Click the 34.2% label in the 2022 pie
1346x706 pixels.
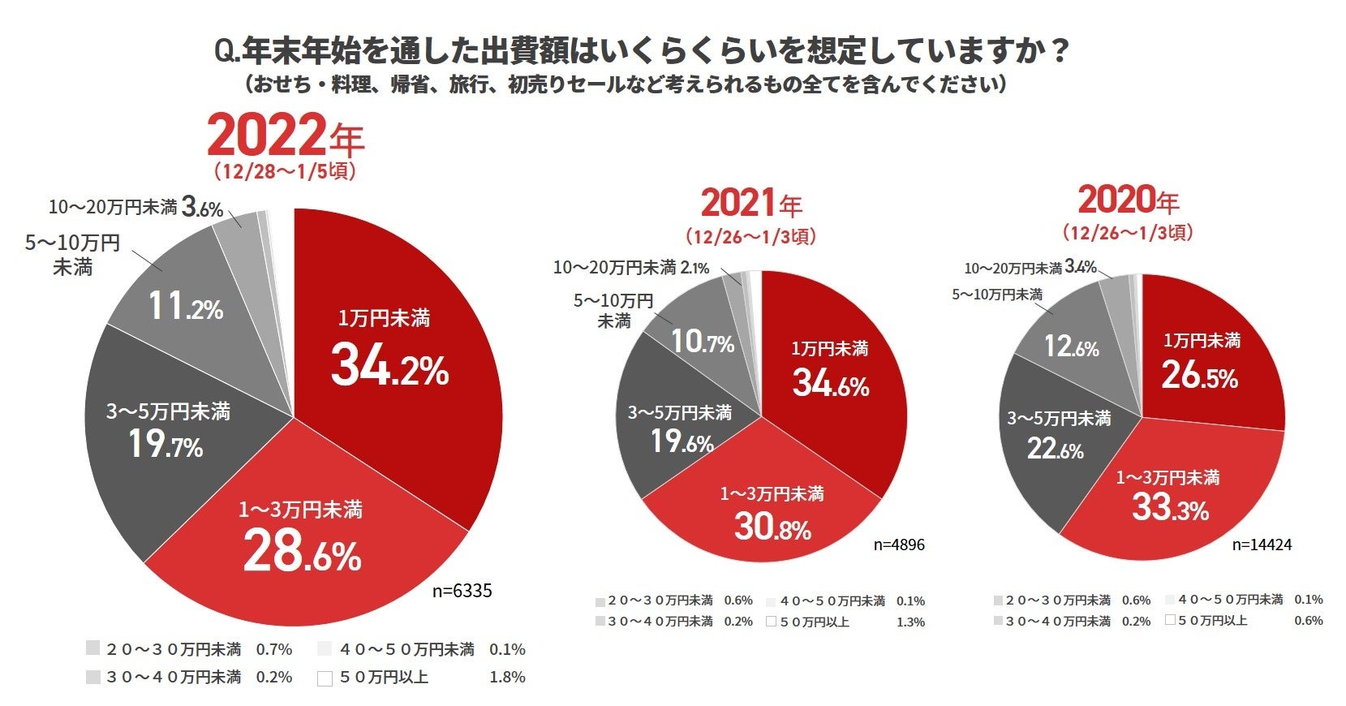point(389,367)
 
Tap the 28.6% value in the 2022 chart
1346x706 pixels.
point(302,553)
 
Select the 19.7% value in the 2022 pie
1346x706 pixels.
point(166,445)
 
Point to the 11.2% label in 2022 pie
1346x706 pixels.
point(185,308)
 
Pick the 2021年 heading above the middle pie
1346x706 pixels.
point(751,203)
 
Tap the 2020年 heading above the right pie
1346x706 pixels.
point(1128,200)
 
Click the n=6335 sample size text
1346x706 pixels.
point(462,591)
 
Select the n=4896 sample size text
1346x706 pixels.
point(898,545)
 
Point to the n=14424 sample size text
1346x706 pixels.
point(1262,545)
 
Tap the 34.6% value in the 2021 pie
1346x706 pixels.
point(830,383)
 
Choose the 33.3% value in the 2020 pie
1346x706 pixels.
point(1170,508)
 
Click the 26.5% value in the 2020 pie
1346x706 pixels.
point(1199,376)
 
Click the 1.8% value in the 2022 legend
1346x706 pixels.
point(507,677)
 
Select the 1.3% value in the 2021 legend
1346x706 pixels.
point(910,622)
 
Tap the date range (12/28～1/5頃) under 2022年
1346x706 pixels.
point(285,172)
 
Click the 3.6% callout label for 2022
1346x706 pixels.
point(202,208)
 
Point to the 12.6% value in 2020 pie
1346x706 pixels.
point(1071,347)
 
